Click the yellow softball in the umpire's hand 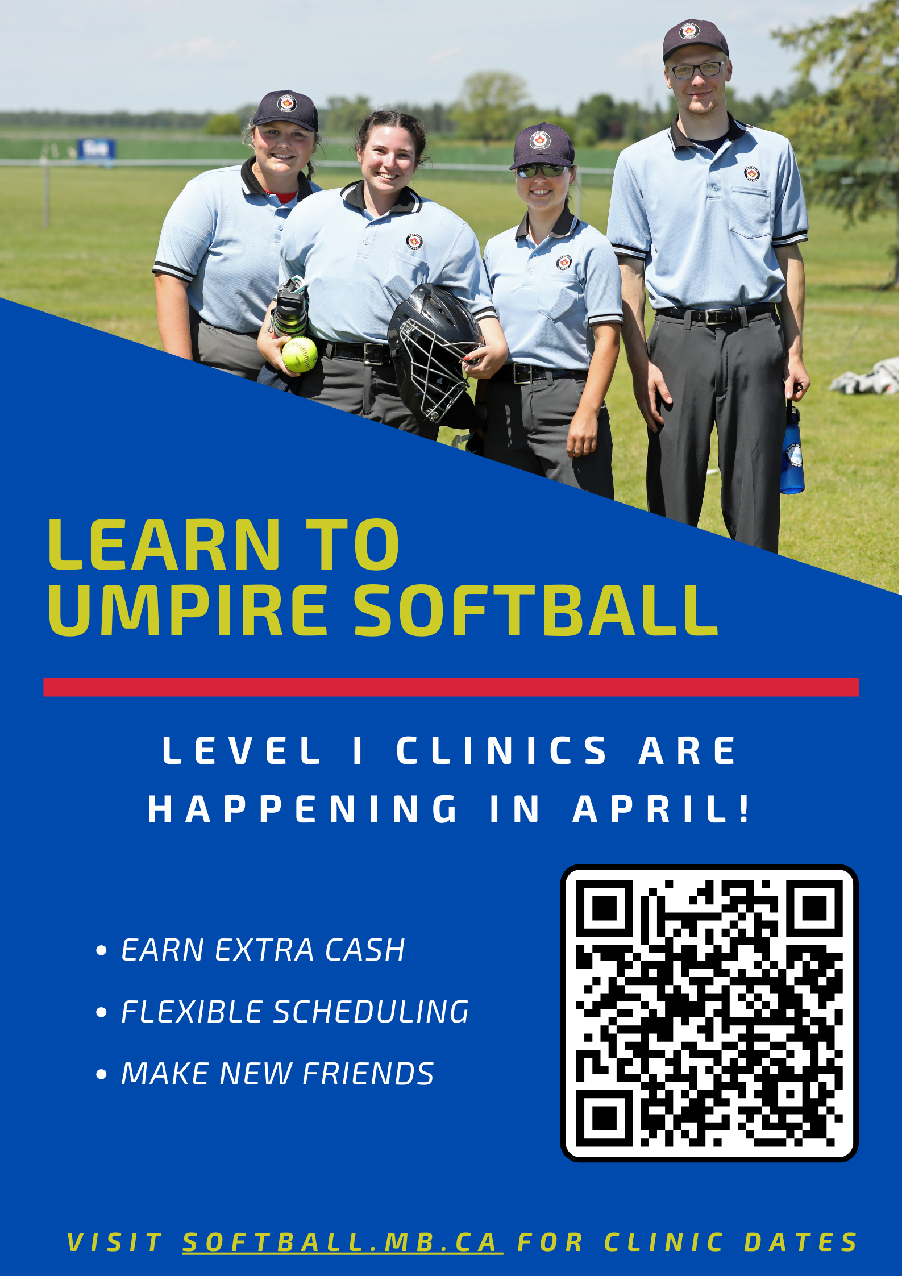[300, 355]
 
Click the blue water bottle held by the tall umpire [792, 449]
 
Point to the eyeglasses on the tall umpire [697, 70]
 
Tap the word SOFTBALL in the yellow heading [536, 610]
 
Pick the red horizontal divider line [451, 687]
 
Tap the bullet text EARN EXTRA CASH [263, 950]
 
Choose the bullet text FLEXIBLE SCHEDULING [295, 1012]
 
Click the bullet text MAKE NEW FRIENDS [277, 1073]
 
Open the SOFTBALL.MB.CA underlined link [342, 1242]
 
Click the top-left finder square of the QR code [604, 908]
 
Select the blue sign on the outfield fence [96, 149]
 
